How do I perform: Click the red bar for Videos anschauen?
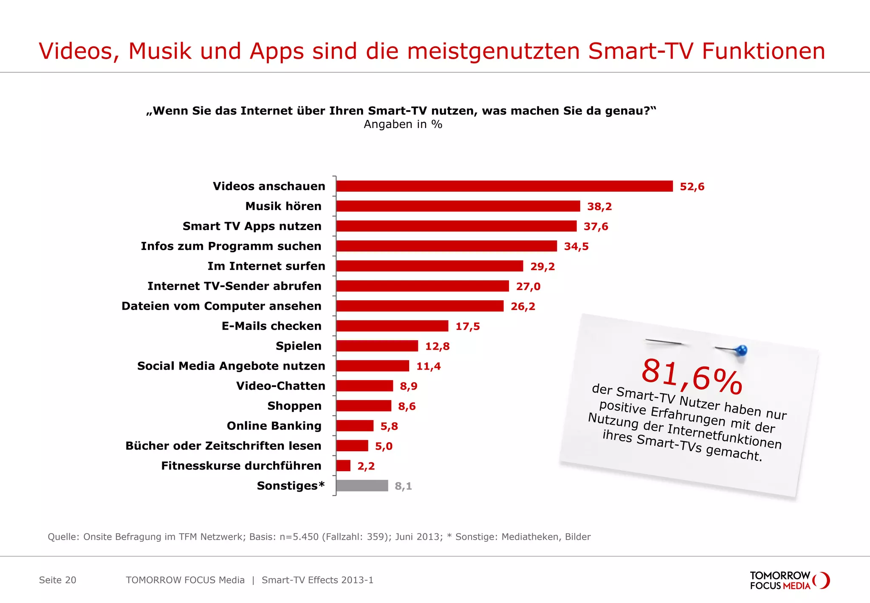tap(504, 186)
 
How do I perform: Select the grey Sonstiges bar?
tap(362, 486)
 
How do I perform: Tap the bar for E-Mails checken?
tap(392, 326)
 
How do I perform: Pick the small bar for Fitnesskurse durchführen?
tap(343, 466)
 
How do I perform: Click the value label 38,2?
tap(599, 207)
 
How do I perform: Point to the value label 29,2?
tap(542, 267)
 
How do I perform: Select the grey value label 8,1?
tap(403, 486)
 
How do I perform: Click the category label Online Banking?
tap(274, 426)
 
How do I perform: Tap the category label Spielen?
tap(298, 346)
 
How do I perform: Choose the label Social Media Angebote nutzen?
tap(231, 366)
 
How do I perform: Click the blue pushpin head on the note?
tap(741, 350)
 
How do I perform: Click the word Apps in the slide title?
tap(277, 51)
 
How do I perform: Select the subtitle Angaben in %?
tap(403, 124)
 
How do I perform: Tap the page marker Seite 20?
tap(57, 580)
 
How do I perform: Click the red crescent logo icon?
tap(823, 580)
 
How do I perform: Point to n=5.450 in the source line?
tap(299, 537)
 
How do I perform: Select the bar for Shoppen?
tap(364, 406)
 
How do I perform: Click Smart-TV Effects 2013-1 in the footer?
tap(317, 580)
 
